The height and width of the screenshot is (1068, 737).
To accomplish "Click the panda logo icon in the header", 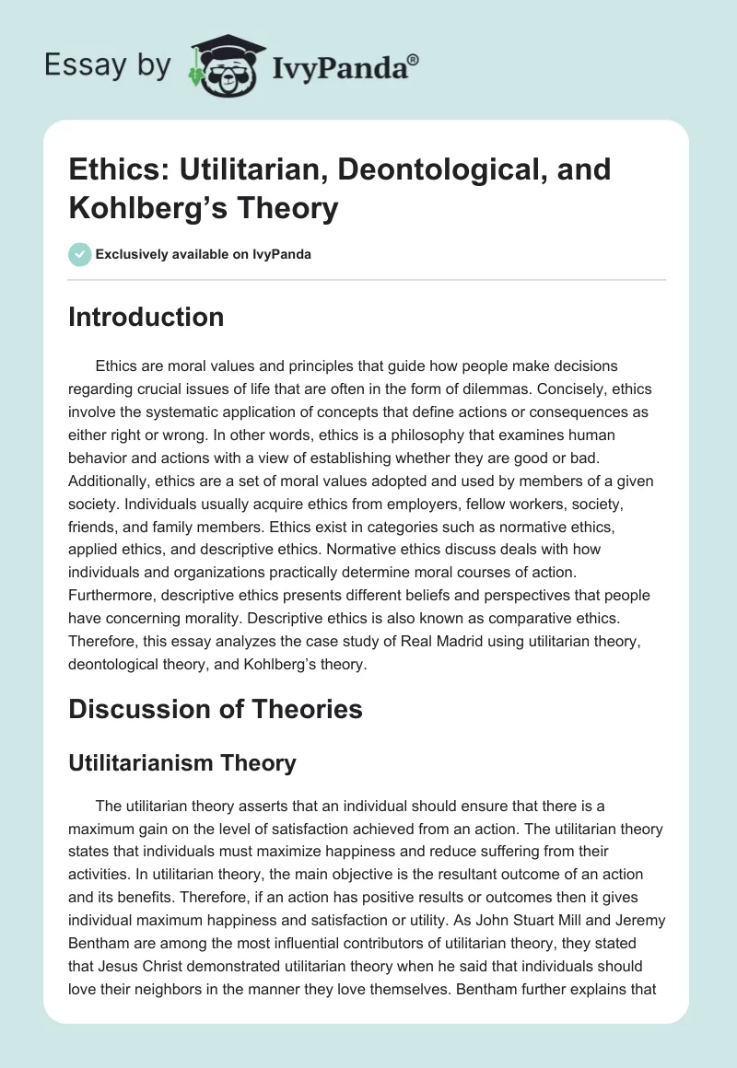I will [x=220, y=64].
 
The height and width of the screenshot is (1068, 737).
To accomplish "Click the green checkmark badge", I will [x=79, y=254].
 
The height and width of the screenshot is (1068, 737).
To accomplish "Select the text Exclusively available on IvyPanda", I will [x=203, y=255].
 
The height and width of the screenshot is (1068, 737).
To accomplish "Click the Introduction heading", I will [x=146, y=317].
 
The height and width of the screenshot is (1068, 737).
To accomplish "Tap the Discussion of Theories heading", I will [x=216, y=709].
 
